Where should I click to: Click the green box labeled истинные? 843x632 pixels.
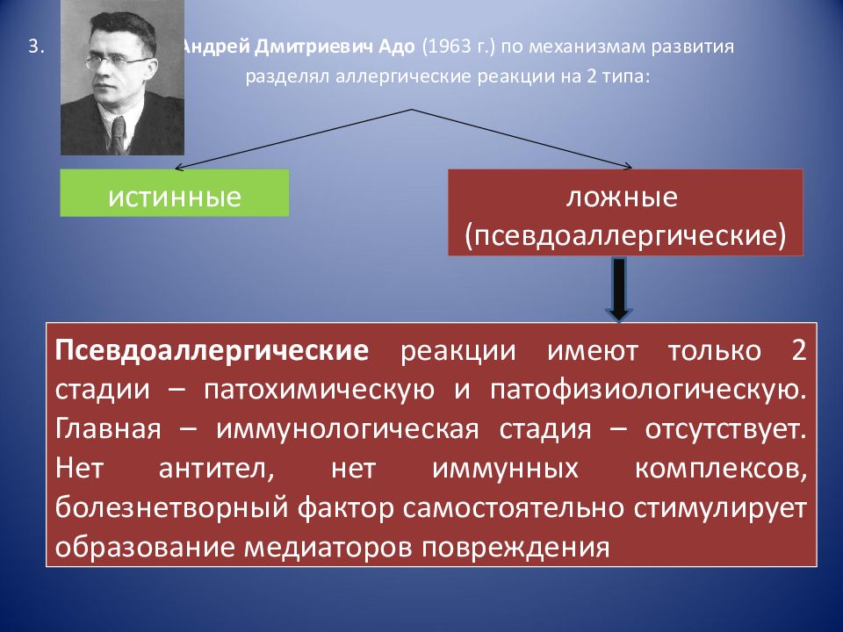coord(174,193)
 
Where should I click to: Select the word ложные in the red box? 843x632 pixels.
coord(622,197)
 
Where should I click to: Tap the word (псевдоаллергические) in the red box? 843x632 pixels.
coord(625,235)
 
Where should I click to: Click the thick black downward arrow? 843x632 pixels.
coord(619,290)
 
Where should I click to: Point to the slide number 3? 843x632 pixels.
coord(35,47)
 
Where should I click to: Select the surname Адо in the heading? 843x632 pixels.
coord(397,47)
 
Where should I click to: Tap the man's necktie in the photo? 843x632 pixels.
coord(119,134)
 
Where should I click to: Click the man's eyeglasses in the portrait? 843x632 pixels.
coord(117,62)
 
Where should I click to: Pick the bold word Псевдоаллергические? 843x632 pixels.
coord(212,350)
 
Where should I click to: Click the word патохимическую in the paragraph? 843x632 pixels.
coord(319,390)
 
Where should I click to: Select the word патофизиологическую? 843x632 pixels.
coord(648,390)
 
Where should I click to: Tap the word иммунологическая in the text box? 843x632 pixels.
coord(348,429)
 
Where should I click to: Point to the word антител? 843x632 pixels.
coord(217,469)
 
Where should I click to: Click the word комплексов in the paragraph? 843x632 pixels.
coord(721,469)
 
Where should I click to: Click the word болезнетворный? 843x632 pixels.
coord(172,508)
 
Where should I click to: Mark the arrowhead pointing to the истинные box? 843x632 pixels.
coord(179,168)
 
